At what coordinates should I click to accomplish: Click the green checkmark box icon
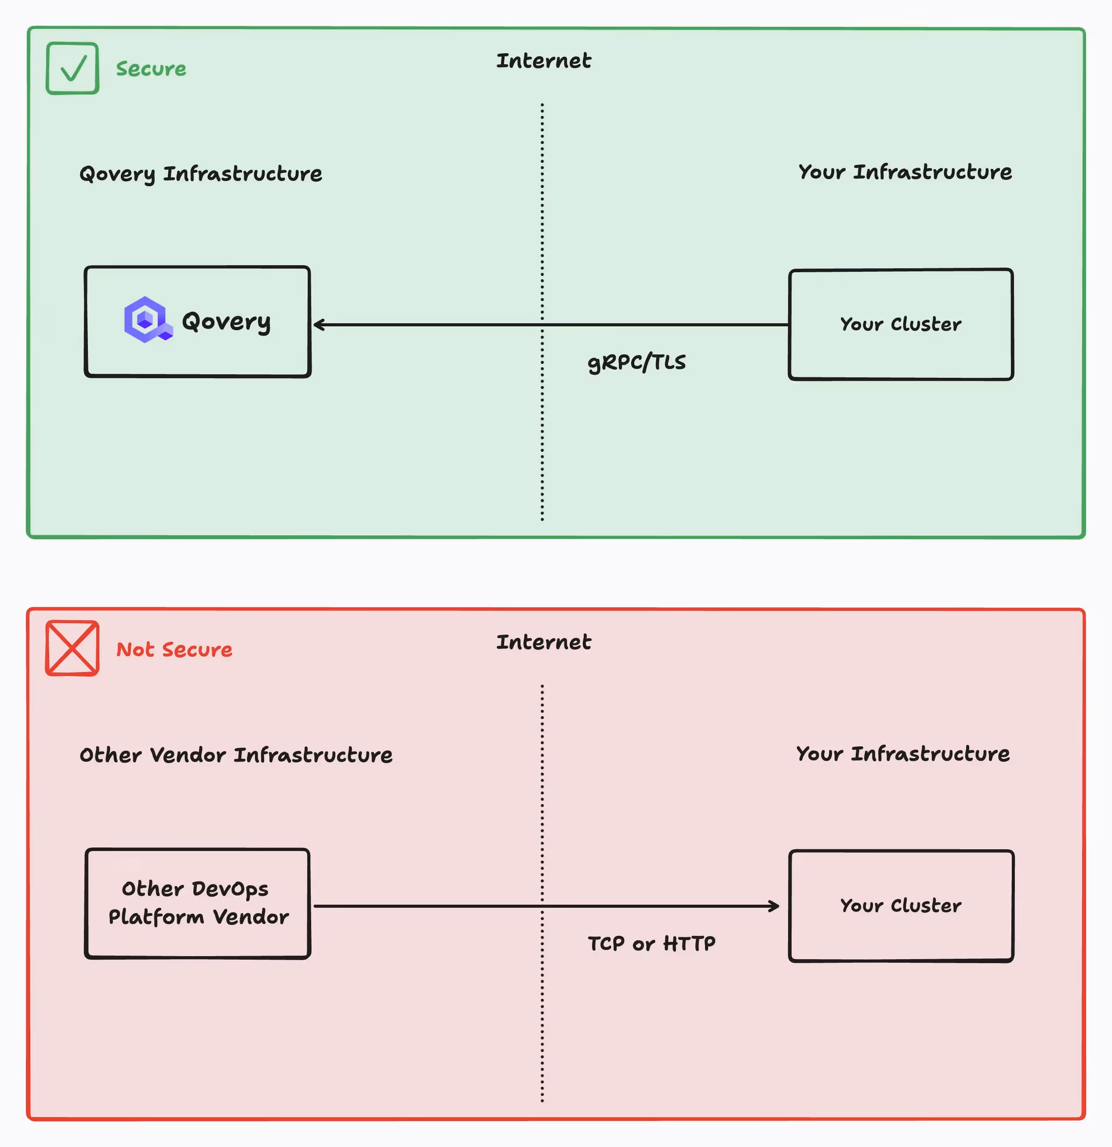pos(73,69)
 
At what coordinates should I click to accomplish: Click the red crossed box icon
pos(73,648)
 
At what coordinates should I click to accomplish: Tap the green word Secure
pos(151,69)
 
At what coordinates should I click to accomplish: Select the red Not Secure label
pos(174,650)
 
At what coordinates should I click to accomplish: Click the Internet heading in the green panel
pos(543,61)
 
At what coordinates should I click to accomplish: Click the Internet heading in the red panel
pos(543,642)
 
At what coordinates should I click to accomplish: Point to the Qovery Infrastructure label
pos(200,174)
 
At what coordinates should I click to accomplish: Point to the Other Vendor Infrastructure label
pos(236,755)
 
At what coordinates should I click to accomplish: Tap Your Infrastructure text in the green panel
pos(905,172)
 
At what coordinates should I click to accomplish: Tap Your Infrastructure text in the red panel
pos(903,754)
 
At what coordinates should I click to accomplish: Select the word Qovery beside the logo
pos(226,321)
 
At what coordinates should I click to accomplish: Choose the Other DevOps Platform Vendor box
pos(198,903)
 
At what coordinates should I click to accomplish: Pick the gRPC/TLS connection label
pos(636,362)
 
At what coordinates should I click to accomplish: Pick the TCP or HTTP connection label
pos(651,943)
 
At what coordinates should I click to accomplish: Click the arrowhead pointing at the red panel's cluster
pos(774,906)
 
